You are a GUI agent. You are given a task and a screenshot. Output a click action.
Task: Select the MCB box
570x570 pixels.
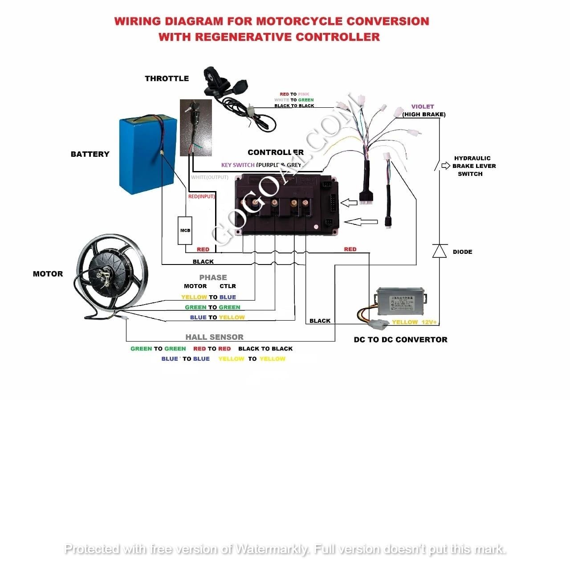185,230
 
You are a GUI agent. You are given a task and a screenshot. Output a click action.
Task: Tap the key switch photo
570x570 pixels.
196,128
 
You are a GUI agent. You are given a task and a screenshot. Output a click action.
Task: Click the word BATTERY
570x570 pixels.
90,154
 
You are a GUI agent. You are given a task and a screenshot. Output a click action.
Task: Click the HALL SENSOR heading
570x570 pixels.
214,337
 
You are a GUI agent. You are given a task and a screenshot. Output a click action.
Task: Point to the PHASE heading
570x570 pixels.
213,277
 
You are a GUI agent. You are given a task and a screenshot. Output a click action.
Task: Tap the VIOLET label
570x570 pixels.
423,106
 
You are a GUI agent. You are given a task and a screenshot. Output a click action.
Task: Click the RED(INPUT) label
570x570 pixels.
201,196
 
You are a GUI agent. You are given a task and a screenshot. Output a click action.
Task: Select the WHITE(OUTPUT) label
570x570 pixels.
209,177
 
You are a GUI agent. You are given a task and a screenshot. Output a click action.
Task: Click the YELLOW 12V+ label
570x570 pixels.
414,322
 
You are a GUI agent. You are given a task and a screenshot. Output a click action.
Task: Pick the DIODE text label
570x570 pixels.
462,252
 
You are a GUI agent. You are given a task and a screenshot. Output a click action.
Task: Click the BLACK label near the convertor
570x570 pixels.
320,321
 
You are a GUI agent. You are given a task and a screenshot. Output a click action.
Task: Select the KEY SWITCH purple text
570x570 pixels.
238,165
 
